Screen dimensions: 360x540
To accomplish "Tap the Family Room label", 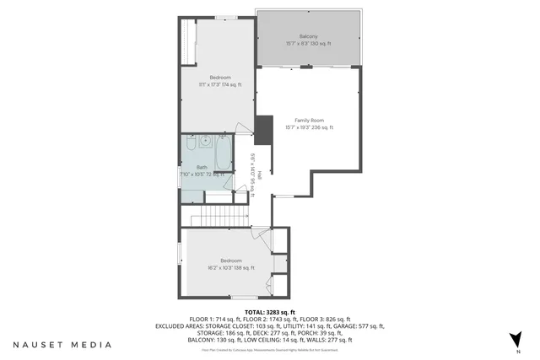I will [308, 121].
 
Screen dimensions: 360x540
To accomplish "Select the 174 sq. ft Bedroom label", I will [219, 78].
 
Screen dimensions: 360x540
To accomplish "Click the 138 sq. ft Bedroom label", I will [231, 261].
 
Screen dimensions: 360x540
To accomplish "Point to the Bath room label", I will [202, 167].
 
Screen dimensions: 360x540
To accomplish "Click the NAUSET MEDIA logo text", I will [61, 344].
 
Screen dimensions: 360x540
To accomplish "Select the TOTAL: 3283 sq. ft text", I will [269, 311].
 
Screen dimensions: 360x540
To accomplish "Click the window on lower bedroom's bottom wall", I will [245, 298].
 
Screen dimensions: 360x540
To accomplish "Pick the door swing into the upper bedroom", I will [244, 129].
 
